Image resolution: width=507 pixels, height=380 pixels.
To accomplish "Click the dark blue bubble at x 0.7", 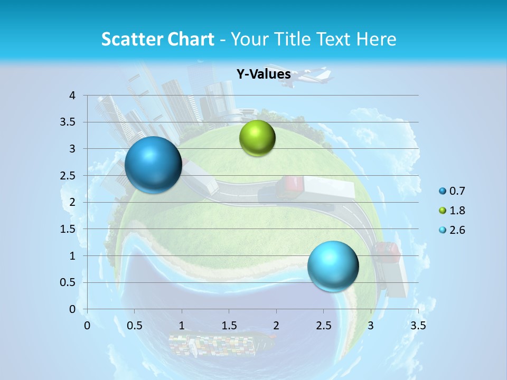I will (x=154, y=165).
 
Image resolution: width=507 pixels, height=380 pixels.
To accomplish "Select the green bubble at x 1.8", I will (x=257, y=138).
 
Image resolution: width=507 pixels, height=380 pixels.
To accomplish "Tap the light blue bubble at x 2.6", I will (x=333, y=266).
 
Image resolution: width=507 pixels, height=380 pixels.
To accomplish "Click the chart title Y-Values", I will (x=264, y=74).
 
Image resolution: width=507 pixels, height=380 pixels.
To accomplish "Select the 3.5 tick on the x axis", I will (x=418, y=325).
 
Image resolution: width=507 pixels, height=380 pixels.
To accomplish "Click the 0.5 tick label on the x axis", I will (x=135, y=325).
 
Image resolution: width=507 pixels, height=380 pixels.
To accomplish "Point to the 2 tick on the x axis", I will (x=276, y=325).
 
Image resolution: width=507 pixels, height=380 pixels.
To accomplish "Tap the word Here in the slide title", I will (x=376, y=39).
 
